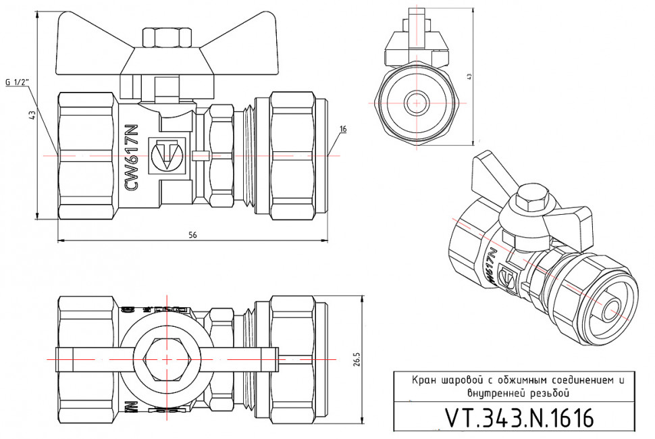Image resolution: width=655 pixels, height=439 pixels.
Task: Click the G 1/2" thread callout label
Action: [18, 82]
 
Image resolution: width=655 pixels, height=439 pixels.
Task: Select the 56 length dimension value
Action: [192, 235]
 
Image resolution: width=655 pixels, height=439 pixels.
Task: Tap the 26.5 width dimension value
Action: [357, 359]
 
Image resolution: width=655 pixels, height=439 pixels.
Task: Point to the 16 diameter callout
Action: [343, 129]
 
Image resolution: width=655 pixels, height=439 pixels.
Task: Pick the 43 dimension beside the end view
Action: [469, 76]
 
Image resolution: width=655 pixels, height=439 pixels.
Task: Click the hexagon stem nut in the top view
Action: [166, 359]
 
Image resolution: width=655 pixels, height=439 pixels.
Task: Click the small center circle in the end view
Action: [417, 103]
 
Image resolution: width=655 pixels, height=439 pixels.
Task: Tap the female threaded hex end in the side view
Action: [88, 155]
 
